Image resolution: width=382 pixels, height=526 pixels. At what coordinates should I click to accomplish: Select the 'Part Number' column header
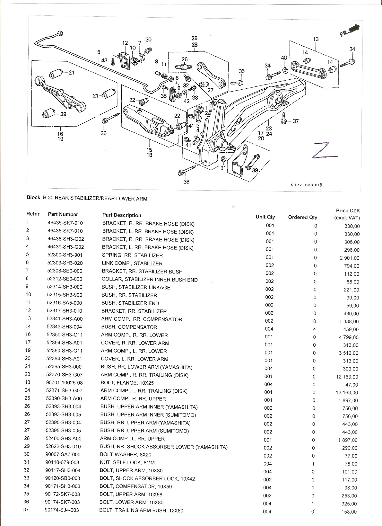click(63, 214)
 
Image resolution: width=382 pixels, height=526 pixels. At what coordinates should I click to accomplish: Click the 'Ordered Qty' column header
click(302, 217)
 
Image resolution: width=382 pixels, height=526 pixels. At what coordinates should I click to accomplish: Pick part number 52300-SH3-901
click(65, 255)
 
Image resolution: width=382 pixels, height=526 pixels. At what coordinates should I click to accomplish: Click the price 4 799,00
click(348, 337)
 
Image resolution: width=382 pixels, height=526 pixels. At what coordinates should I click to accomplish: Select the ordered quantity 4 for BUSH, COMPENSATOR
click(315, 329)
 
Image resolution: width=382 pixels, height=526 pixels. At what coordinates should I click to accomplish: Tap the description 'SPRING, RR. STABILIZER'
click(132, 255)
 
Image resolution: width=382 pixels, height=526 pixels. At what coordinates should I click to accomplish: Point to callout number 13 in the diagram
click(316, 39)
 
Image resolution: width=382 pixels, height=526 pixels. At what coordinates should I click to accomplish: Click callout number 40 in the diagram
click(284, 58)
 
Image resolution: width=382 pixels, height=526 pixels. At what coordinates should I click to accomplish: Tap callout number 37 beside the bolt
click(296, 121)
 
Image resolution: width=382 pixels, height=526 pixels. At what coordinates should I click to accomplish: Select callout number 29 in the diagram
click(63, 114)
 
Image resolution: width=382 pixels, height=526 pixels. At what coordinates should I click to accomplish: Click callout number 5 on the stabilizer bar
click(99, 52)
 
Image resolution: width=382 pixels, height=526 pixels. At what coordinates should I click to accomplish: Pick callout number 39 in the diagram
click(255, 170)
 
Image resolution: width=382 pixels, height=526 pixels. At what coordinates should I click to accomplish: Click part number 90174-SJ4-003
click(62, 510)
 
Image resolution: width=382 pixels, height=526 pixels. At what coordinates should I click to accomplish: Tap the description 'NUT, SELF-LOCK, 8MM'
click(127, 463)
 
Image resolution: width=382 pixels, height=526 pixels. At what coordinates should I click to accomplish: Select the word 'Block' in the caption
click(33, 198)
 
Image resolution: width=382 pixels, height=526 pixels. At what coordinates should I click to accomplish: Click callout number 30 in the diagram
click(148, 40)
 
